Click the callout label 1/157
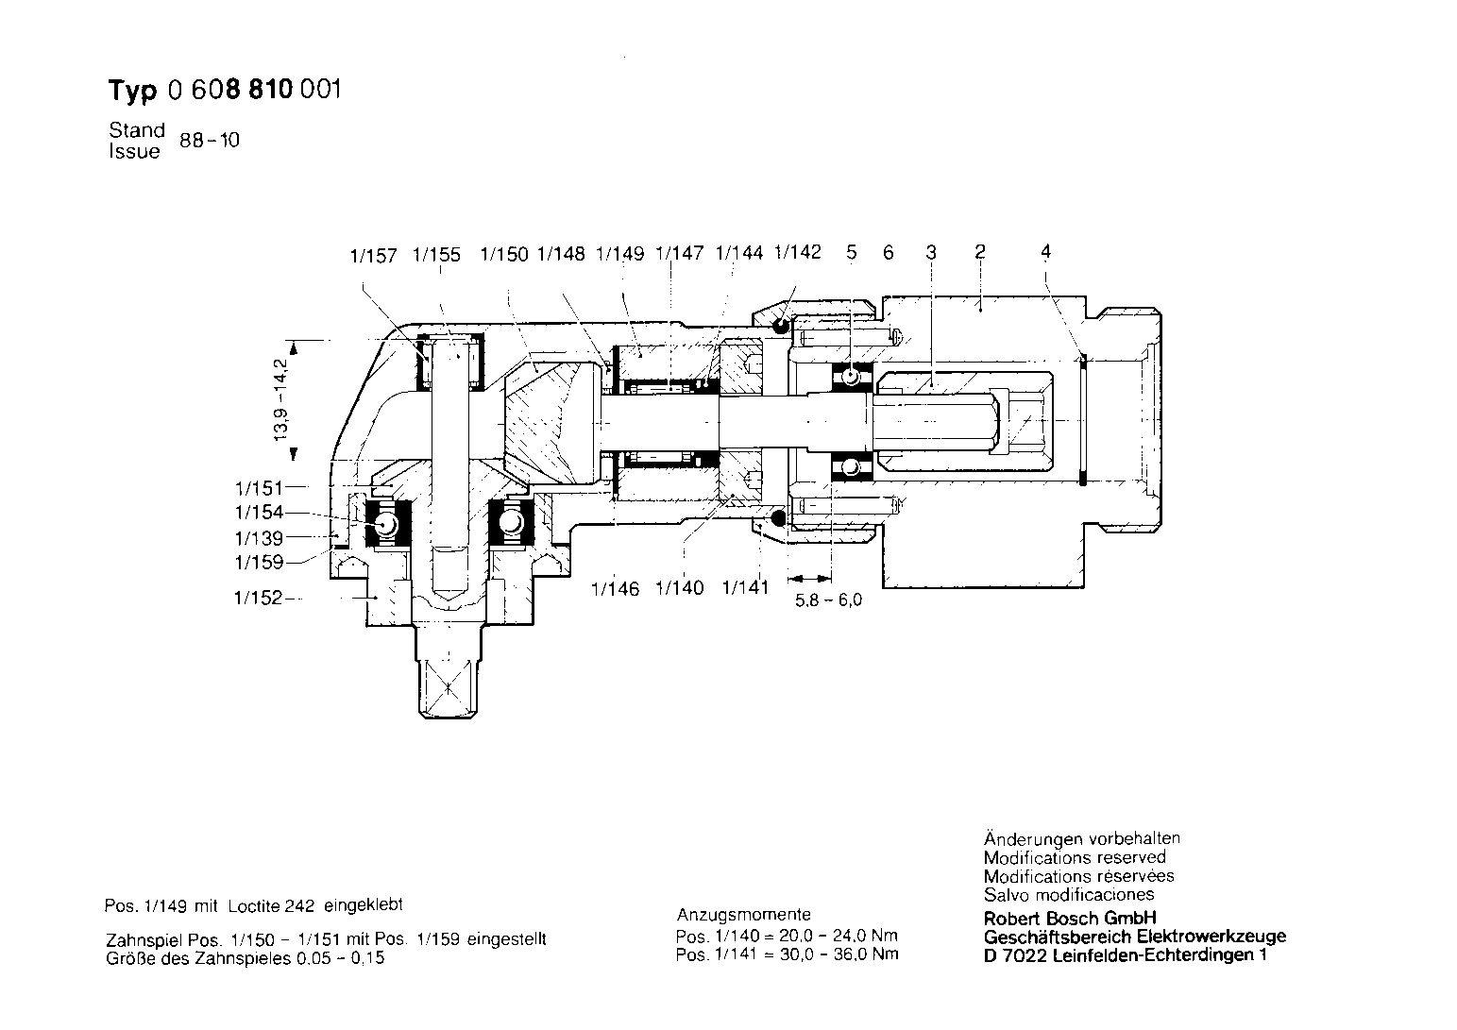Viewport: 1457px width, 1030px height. pyautogui.click(x=373, y=256)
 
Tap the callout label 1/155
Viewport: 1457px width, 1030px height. pyautogui.click(x=436, y=255)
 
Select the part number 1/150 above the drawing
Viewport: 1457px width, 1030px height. pyautogui.click(x=504, y=254)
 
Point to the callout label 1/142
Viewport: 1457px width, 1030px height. pyautogui.click(x=798, y=252)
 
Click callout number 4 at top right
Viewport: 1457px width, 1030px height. pyautogui.click(x=1045, y=251)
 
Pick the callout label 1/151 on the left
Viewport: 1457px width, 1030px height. pyautogui.click(x=259, y=488)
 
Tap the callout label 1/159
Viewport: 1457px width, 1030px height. pyautogui.click(x=259, y=562)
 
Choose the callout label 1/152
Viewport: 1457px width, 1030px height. pyautogui.click(x=258, y=598)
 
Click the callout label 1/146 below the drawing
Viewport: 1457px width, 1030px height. pyautogui.click(x=616, y=589)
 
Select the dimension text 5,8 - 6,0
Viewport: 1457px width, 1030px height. pyautogui.click(x=829, y=600)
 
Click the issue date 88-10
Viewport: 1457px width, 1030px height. pyautogui.click(x=210, y=141)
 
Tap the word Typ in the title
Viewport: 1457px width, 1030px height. pyautogui.click(x=133, y=90)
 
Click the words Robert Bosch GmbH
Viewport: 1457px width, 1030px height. pyautogui.click(x=1070, y=919)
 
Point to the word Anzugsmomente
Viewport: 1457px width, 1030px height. pyautogui.click(x=743, y=915)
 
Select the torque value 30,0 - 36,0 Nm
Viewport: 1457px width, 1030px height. pyautogui.click(x=833, y=954)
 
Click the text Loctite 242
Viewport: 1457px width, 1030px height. pyautogui.click(x=271, y=905)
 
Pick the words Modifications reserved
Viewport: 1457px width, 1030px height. pyautogui.click(x=1075, y=857)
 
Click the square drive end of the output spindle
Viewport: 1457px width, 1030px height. pyautogui.click(x=448, y=688)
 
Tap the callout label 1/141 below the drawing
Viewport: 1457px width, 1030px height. pyautogui.click(x=746, y=588)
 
